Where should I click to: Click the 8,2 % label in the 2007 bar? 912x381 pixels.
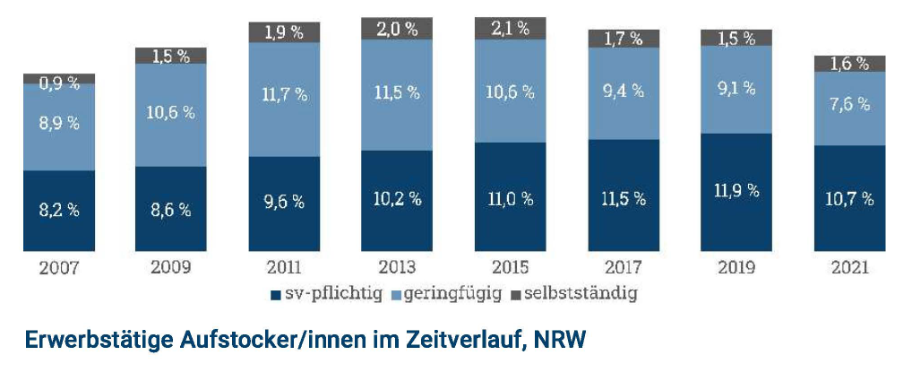coord(58,211)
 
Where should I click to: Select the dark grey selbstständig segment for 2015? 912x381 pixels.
coord(510,28)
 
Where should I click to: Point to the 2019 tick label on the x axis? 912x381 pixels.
coord(736,267)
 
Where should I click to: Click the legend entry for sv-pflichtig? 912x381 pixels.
coord(322,293)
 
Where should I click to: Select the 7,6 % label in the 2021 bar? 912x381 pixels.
coord(849,103)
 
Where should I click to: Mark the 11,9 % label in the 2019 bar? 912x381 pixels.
coord(736,190)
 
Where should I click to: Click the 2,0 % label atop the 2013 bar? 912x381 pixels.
coord(397,28)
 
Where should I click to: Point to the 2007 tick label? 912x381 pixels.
coord(58,267)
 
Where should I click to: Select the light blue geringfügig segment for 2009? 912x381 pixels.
coord(171,115)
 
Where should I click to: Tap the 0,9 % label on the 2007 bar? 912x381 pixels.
coord(58,82)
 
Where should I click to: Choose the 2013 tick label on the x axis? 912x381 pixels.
coord(397,267)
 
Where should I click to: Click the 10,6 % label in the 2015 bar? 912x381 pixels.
coord(510,91)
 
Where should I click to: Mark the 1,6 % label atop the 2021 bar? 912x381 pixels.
coord(849,63)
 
